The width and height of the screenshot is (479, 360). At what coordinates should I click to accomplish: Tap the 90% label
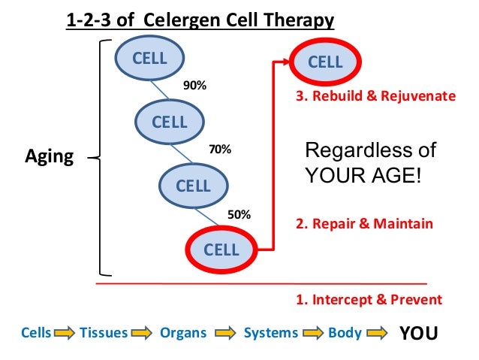pos(195,86)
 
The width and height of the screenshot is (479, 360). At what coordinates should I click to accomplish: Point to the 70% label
pos(220,150)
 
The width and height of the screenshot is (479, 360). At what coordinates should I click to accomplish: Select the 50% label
pos(239,214)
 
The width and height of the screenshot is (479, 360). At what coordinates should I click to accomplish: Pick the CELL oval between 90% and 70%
pos(170,121)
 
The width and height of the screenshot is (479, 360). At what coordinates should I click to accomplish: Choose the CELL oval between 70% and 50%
pos(194,185)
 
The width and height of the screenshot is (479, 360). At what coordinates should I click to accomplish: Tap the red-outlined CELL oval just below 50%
pos(221,250)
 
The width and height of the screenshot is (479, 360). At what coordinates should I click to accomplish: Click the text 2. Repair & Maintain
pos(366,224)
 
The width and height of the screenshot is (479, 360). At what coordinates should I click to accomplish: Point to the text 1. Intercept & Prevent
pos(369,299)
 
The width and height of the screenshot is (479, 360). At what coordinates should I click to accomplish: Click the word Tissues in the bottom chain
pos(103,332)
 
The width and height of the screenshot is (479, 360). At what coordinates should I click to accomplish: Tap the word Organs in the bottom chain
pos(182,332)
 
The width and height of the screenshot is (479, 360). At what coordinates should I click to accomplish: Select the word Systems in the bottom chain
pos(270,332)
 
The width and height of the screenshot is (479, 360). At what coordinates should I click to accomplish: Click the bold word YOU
pos(417,332)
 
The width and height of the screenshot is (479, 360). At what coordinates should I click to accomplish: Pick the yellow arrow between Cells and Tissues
pos(65,333)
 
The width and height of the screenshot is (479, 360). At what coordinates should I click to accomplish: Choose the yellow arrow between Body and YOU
pos(376,333)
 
